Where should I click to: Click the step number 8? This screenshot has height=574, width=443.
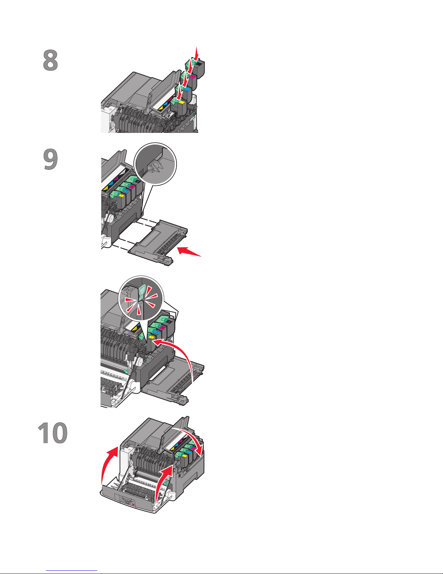pos(50,60)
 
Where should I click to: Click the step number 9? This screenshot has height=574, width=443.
pos(50,159)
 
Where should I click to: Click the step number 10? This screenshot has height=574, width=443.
pos(52,433)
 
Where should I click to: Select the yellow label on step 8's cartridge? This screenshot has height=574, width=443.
pos(181,102)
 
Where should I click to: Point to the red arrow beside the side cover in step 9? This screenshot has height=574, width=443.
pos(189,251)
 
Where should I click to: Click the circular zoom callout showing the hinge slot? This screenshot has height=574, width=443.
pos(155,164)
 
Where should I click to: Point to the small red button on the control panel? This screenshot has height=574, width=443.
pos(133,504)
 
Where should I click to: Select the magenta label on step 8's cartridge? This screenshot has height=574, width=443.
pos(192,77)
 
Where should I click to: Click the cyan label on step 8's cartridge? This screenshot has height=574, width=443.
pos(187,89)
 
